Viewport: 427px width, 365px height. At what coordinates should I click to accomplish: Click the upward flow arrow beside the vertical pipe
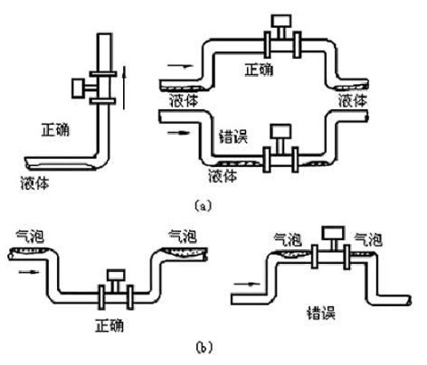click(x=124, y=88)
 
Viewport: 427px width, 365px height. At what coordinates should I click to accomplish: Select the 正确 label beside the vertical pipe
click(x=55, y=130)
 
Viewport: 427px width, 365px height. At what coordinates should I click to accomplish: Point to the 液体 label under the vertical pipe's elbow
click(x=34, y=182)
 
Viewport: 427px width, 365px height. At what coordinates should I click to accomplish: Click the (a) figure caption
click(x=204, y=206)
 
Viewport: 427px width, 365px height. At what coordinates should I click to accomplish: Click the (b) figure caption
click(x=204, y=347)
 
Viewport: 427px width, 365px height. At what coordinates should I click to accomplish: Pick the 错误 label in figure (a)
click(x=233, y=136)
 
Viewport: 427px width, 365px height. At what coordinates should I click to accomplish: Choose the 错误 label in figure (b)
click(x=321, y=314)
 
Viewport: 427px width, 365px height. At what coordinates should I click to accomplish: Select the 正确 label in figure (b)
click(x=109, y=325)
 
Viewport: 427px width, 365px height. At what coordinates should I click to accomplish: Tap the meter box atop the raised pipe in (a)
click(x=281, y=21)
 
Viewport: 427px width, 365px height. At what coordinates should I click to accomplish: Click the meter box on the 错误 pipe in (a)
click(x=280, y=131)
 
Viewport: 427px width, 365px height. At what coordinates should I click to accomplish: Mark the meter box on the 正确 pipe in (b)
click(x=116, y=275)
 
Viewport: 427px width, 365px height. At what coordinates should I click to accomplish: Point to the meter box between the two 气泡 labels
click(x=333, y=233)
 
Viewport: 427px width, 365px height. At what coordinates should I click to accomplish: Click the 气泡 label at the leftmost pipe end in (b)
click(x=30, y=237)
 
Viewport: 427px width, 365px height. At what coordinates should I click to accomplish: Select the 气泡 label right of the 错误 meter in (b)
click(x=368, y=240)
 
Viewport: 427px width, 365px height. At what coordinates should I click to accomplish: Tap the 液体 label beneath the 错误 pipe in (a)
click(x=223, y=175)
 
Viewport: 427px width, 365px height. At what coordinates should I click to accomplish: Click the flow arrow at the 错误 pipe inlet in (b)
click(x=247, y=284)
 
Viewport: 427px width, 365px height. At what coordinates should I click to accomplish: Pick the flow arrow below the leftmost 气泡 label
click(x=29, y=272)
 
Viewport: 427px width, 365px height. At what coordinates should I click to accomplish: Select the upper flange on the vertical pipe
click(x=103, y=74)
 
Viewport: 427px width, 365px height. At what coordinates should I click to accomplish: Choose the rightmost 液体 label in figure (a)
click(x=352, y=100)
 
